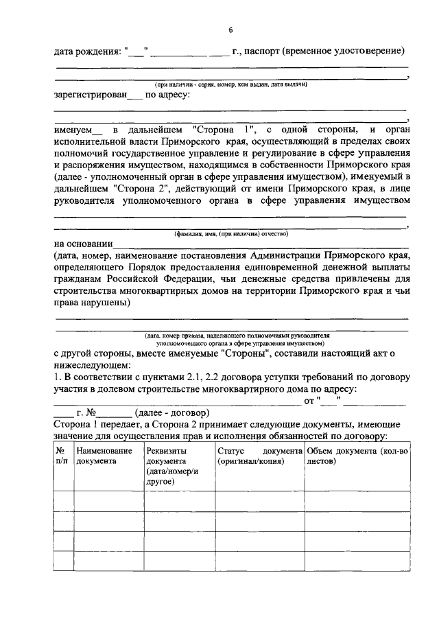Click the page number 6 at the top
point(230,30)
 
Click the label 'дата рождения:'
point(87,51)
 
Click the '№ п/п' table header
point(63,456)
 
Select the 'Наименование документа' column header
point(104,456)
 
